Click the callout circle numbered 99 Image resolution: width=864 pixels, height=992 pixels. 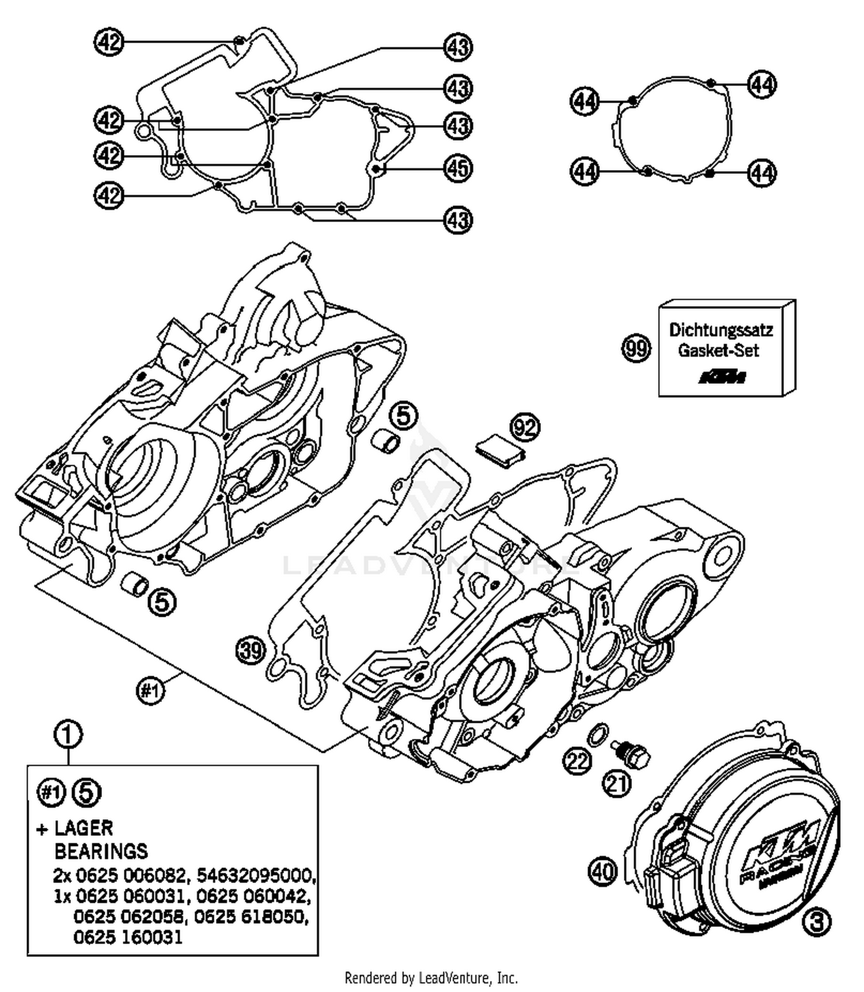636,349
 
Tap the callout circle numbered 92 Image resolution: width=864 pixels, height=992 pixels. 525,428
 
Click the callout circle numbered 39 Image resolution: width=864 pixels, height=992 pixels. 251,651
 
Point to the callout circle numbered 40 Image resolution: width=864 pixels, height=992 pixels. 602,871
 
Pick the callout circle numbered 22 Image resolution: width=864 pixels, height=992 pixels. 577,761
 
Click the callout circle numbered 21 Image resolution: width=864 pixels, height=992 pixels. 617,784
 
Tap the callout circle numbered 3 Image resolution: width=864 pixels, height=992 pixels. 817,922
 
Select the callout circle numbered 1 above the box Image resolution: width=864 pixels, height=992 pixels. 68,734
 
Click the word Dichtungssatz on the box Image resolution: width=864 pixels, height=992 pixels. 721,330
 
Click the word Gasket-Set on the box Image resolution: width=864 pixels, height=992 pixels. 718,350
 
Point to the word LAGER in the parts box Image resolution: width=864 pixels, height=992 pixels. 84,828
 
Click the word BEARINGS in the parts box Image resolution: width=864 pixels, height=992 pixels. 101,851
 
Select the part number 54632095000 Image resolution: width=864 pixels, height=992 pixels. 256,876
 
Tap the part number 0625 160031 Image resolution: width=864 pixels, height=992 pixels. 128,937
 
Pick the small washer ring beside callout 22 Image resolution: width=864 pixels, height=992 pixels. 597,734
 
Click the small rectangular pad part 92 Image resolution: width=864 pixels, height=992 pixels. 499,450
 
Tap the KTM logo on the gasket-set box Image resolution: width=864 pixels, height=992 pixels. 722,378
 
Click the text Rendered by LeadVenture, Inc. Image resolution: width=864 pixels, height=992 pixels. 431,978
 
